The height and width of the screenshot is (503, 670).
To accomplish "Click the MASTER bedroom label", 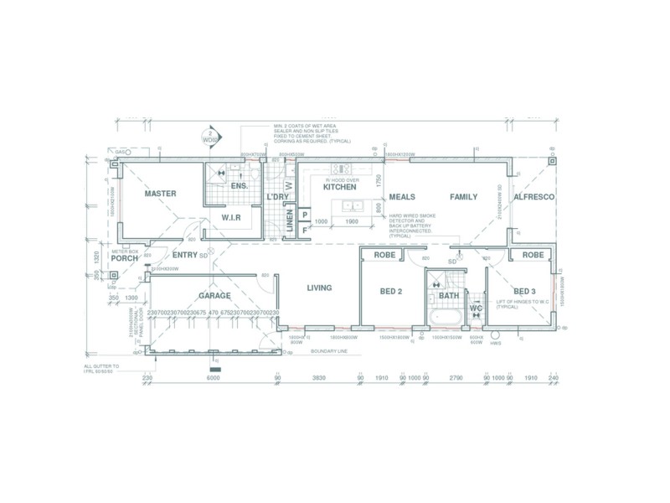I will [x=160, y=194].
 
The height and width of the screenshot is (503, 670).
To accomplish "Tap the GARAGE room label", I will [x=214, y=296].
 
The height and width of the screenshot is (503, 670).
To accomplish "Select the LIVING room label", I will [x=319, y=288].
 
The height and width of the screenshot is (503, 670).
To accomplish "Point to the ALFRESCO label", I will [x=533, y=197].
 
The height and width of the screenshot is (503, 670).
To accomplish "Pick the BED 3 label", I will [x=525, y=291].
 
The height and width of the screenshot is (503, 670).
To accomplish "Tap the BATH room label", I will [x=449, y=295].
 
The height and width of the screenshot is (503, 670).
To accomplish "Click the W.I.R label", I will [x=232, y=217].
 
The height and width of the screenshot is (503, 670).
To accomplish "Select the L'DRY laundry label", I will [x=277, y=197].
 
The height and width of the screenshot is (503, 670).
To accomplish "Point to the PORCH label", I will [x=124, y=258].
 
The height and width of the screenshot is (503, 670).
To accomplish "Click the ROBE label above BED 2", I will [x=384, y=254].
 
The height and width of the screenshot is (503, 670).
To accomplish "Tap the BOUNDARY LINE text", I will [x=329, y=351].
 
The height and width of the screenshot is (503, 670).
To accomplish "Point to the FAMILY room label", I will [x=463, y=197].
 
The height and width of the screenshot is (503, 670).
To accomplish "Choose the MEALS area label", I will [x=402, y=197].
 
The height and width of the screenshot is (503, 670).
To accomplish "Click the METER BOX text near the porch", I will [x=125, y=251].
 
